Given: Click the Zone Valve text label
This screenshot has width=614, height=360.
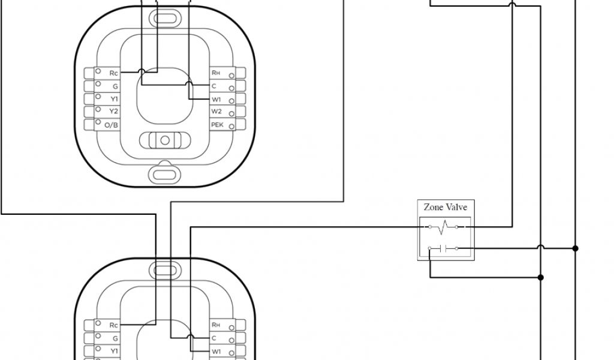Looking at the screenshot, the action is tap(446, 207).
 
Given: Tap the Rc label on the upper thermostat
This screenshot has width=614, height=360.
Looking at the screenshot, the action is tap(114, 73).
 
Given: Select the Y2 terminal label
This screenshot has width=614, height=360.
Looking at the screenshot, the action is tap(114, 112).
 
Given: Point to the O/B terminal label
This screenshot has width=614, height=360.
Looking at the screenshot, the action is tap(112, 125).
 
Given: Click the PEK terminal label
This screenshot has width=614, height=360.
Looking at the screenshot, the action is tap(217, 125).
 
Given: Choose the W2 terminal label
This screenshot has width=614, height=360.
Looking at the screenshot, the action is tap(216, 112).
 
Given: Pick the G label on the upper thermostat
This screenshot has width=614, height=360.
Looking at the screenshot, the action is tap(115, 86).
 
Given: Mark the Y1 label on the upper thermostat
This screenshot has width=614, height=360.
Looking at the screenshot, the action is tap(114, 99).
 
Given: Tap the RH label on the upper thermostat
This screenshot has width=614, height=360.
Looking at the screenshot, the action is tap(216, 73).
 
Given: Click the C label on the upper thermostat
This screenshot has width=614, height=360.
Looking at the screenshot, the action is tap(214, 86).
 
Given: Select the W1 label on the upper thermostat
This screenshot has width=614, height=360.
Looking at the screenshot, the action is tap(216, 99).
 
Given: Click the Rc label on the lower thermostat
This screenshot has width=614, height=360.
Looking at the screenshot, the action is tap(114, 325).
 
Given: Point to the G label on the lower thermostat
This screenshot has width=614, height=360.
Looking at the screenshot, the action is tap(115, 338).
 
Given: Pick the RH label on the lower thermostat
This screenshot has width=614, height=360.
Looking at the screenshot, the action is tap(216, 325).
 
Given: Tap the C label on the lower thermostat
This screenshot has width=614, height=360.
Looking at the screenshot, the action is tap(214, 338).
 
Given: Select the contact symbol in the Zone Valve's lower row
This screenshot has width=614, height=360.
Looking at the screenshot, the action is tap(444, 248).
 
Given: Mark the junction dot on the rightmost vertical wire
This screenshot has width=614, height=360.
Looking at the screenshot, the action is tap(575, 248).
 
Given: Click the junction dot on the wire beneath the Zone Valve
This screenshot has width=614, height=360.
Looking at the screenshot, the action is tap(541, 277).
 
